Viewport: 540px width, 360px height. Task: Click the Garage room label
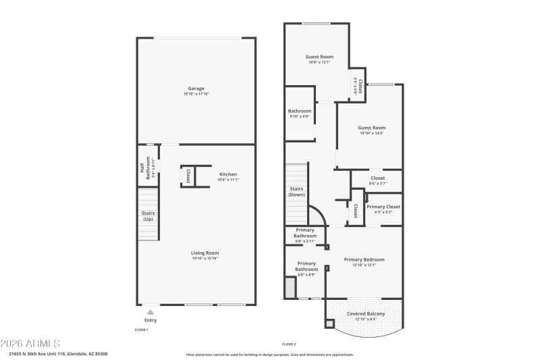click(196, 88)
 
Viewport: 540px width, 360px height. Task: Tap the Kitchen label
click(227, 174)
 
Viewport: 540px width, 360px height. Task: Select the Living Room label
click(205, 253)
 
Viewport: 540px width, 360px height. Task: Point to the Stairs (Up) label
click(147, 216)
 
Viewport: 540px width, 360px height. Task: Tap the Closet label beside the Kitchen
click(188, 176)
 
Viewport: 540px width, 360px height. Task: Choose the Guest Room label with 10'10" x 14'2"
click(371, 128)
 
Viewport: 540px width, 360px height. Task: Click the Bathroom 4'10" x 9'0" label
click(299, 111)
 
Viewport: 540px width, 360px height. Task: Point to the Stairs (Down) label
click(296, 192)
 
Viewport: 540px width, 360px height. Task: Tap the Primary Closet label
click(383, 207)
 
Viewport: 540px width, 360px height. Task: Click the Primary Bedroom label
click(364, 259)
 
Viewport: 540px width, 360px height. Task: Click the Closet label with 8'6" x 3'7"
click(377, 178)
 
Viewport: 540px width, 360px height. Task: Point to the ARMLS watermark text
click(30, 343)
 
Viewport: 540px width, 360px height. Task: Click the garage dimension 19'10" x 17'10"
click(196, 94)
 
